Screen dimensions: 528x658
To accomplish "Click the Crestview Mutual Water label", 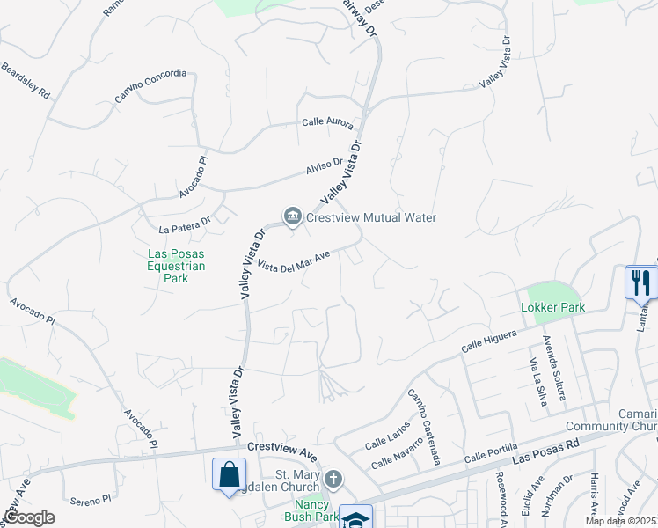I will tap(371, 217).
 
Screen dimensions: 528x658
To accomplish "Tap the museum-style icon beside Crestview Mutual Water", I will tap(292, 216).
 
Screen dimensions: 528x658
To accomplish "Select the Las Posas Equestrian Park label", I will tap(176, 267).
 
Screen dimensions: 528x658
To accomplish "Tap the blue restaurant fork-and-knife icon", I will tap(640, 283).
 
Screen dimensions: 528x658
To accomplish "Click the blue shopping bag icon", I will tap(229, 474).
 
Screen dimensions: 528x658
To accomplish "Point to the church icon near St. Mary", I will tap(333, 480).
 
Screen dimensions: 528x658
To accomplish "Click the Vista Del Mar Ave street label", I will tap(295, 262).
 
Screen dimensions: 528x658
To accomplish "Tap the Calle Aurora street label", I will tap(327, 124).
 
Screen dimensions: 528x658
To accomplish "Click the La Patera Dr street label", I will tap(185, 225).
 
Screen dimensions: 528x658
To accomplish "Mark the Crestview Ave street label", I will tap(281, 448).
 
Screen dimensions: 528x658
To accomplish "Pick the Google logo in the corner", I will tap(28, 517).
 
